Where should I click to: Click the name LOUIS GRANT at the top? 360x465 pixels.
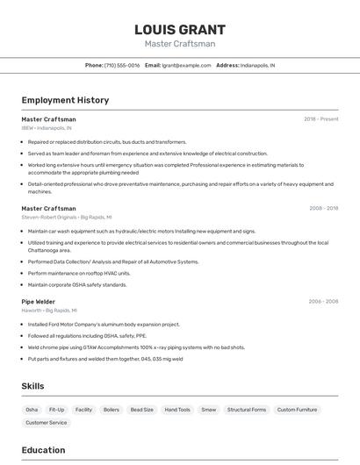click(179, 30)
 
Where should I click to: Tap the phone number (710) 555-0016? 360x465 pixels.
click(122, 65)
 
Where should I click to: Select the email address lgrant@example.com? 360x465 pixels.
click(187, 65)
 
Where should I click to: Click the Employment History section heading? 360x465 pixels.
click(65, 100)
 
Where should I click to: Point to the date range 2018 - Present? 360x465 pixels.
click(321, 119)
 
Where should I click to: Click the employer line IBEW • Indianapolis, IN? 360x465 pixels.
click(47, 128)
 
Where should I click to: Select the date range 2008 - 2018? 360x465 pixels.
click(323, 209)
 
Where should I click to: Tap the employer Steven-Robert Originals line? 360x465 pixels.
click(67, 218)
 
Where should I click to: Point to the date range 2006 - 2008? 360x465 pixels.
click(323, 301)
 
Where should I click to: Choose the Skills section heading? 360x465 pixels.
click(33, 386)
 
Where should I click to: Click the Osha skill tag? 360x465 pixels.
click(32, 410)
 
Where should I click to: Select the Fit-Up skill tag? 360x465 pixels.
click(57, 410)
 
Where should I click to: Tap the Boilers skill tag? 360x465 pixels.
click(112, 410)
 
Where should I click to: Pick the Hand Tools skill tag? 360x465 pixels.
click(177, 410)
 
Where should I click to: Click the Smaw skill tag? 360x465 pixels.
click(209, 410)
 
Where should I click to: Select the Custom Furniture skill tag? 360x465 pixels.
click(298, 410)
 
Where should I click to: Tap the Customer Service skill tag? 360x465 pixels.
click(47, 423)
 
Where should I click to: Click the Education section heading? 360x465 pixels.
click(43, 451)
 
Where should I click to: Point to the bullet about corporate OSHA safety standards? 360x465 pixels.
click(77, 284)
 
